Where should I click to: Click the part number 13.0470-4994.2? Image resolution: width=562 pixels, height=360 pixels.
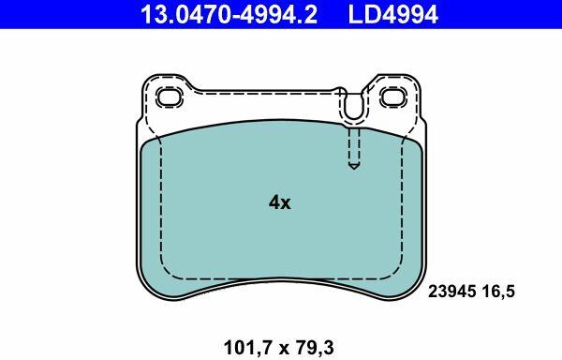pos(229,14)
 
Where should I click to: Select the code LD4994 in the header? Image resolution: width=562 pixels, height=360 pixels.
pos(393,14)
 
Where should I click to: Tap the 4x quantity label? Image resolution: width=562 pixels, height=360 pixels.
pos(280,202)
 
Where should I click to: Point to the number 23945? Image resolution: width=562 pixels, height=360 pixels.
pos(452,292)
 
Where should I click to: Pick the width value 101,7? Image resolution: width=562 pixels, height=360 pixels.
pos(247,348)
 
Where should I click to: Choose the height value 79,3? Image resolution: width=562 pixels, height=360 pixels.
pos(315,348)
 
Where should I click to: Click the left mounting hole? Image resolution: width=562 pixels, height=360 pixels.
pos(170,97)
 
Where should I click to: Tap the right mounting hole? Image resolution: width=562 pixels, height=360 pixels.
pos(393,97)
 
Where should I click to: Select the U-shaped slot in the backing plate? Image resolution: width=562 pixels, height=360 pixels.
pos(353,108)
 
